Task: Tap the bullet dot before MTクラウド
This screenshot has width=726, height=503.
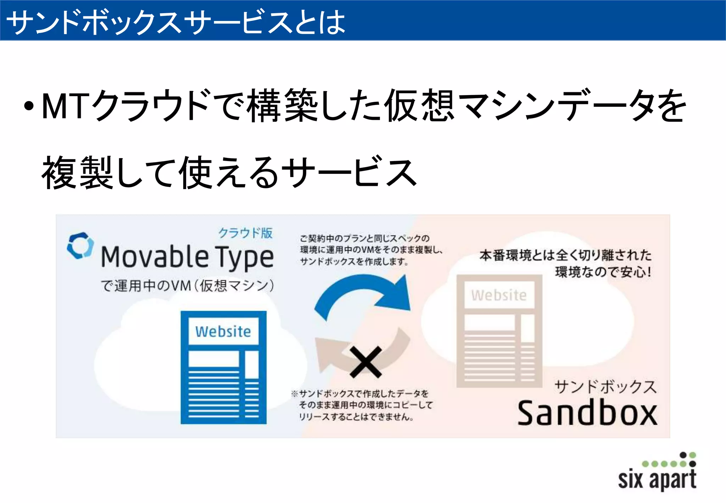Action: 29,106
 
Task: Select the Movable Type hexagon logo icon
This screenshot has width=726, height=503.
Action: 80,245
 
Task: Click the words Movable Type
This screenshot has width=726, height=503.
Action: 187,257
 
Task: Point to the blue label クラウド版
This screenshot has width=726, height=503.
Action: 245,233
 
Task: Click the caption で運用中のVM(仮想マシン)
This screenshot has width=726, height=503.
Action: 187,286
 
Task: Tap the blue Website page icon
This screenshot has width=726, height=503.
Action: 223,367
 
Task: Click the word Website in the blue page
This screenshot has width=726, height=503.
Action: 223,332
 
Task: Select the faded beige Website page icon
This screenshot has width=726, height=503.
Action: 499,331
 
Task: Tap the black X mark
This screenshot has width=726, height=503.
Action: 365,362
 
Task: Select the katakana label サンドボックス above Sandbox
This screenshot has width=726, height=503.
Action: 605,386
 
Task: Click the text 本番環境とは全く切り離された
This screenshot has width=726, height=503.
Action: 565,255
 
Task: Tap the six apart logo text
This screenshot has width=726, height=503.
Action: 657,479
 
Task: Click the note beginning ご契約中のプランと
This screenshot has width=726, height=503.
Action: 370,250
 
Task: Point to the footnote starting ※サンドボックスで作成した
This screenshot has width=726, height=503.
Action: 362,405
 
